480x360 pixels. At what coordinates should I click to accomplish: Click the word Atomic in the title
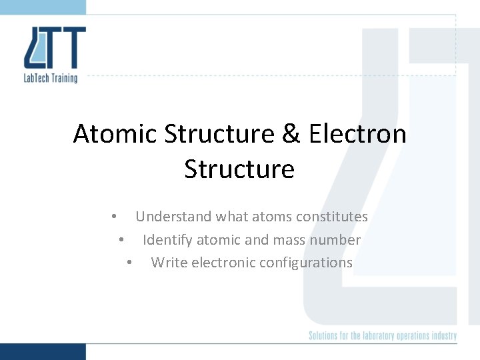point(115,134)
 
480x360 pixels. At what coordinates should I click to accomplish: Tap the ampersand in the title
point(291,134)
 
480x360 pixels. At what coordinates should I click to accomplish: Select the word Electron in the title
point(357,134)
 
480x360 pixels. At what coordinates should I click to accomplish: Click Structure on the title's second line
point(239,169)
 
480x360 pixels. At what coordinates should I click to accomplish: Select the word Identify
point(167,240)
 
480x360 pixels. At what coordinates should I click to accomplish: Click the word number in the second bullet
point(337,240)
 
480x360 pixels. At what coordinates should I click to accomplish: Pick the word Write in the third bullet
point(169,263)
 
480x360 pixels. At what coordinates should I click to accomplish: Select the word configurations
point(305,263)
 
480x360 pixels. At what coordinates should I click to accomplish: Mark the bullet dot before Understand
point(115,217)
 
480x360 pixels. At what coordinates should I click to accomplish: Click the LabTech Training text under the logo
point(51,77)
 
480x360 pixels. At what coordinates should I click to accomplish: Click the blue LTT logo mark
point(55,47)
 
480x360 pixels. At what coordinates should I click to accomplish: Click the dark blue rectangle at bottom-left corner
point(43,351)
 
